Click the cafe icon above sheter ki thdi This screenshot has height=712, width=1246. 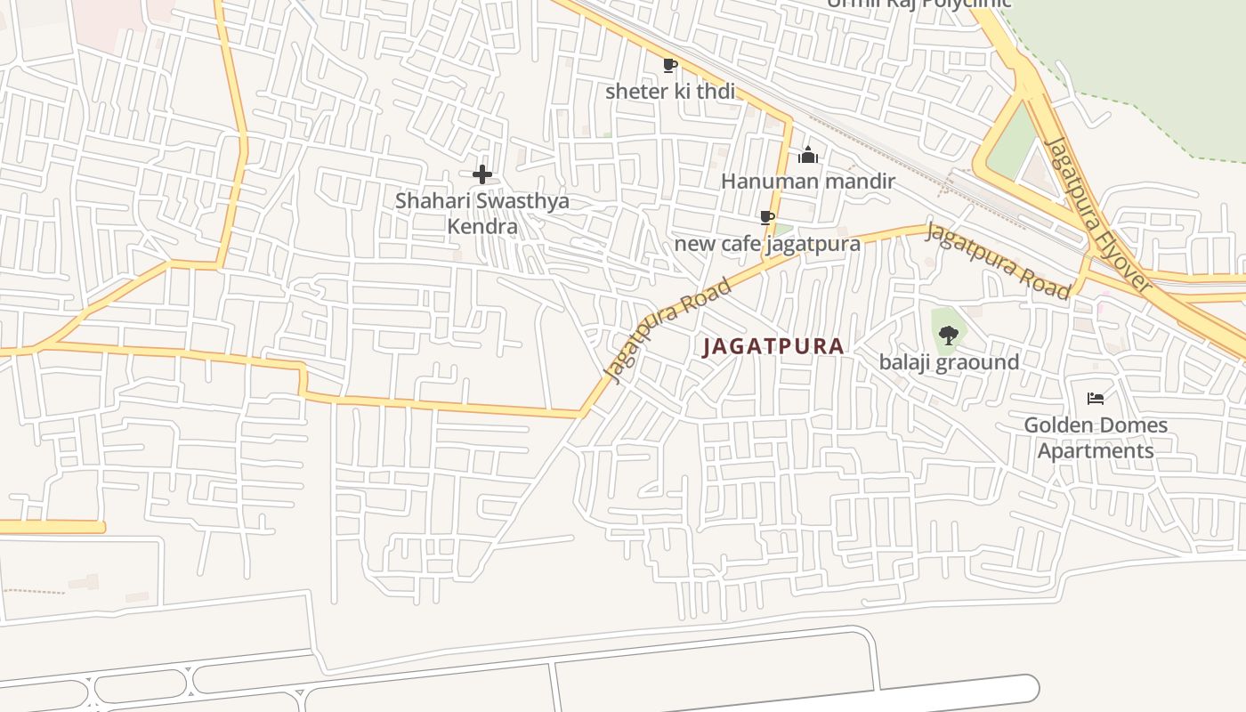pyautogui.click(x=670, y=65)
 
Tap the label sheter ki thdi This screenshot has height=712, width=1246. pyautogui.click(x=670, y=91)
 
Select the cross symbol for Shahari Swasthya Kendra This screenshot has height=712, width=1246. pyautogui.click(x=482, y=174)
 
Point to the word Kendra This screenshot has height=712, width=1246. pyautogui.click(x=482, y=226)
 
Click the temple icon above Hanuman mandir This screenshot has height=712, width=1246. pyautogui.click(x=808, y=156)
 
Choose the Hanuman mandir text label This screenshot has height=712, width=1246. pyautogui.click(x=808, y=182)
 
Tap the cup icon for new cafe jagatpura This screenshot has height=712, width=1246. pyautogui.click(x=766, y=218)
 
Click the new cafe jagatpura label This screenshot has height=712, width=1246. pyautogui.click(x=767, y=243)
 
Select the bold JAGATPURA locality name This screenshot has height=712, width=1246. pyautogui.click(x=773, y=346)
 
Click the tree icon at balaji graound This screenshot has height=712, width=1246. pyautogui.click(x=949, y=336)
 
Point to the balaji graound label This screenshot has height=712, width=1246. pyautogui.click(x=949, y=362)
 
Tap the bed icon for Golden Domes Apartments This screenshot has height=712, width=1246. pyautogui.click(x=1096, y=398)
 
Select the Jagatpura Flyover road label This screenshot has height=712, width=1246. pyautogui.click(x=1098, y=215)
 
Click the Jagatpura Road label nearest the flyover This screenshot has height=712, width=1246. pyautogui.click(x=998, y=260)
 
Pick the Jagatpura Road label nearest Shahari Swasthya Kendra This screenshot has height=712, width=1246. pyautogui.click(x=668, y=330)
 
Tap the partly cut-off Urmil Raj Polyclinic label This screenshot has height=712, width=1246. pyautogui.click(x=918, y=4)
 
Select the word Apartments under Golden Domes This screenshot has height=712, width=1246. pyautogui.click(x=1096, y=450)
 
